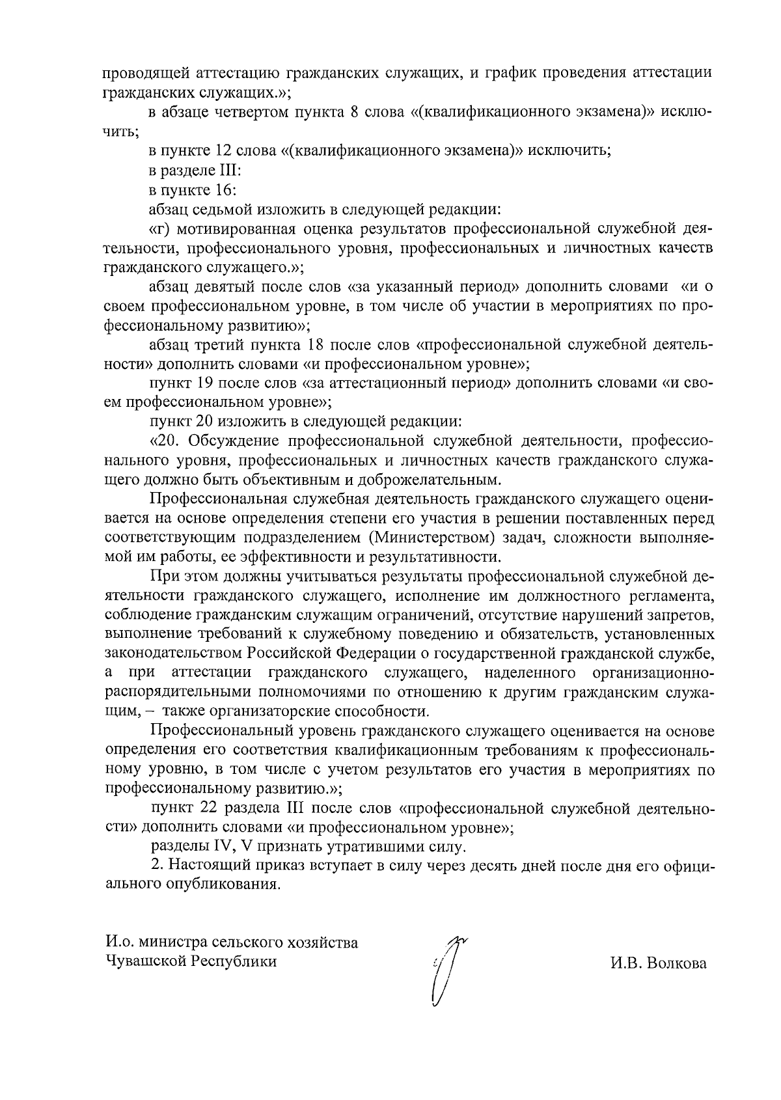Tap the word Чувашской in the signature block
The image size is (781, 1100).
tap(144, 961)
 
